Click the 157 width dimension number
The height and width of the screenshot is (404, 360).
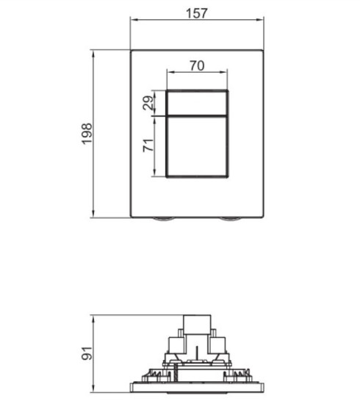197,12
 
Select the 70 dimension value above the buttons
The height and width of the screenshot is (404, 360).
196,65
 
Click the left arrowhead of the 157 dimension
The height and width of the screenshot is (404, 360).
134,22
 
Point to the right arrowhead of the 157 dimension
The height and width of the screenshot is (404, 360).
260,22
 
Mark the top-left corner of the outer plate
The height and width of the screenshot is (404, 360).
132,50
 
